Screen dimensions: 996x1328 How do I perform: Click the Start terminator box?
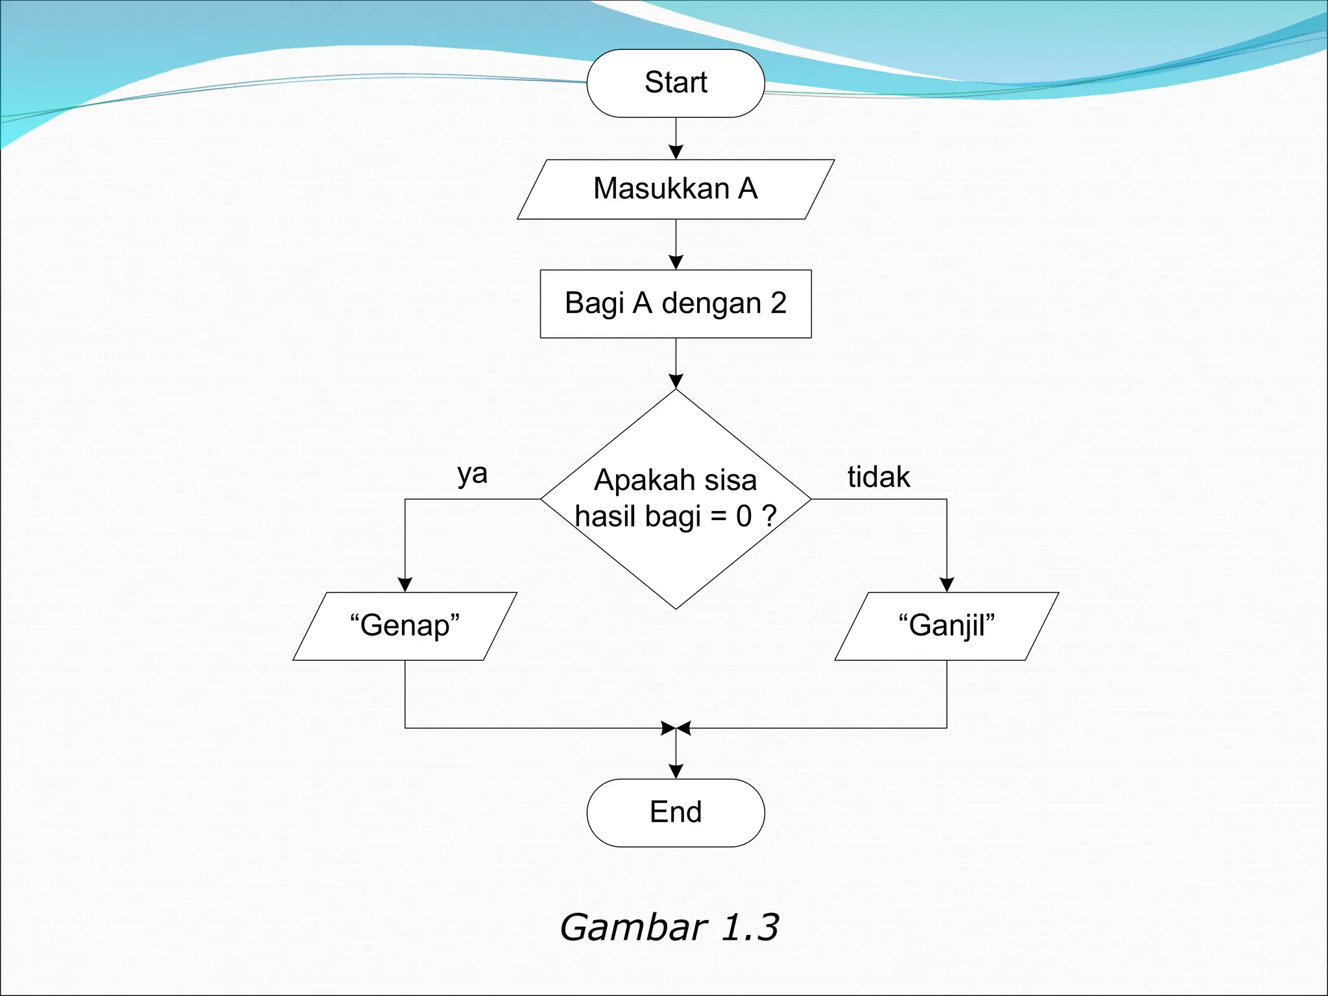[676, 83]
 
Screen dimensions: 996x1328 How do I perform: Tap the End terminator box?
[676, 812]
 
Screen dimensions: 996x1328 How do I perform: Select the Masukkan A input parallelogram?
[676, 189]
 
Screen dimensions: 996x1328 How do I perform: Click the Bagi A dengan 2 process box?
[676, 303]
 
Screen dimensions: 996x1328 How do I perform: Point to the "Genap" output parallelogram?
[405, 626]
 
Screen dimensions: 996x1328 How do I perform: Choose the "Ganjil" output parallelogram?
[946, 626]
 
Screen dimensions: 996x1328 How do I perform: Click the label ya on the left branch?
[472, 474]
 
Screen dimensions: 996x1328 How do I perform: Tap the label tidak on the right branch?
[879, 477]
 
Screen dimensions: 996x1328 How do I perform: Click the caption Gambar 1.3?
[669, 927]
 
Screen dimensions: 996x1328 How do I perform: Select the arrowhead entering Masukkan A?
[676, 152]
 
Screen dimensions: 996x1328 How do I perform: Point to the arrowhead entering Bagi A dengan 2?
[676, 263]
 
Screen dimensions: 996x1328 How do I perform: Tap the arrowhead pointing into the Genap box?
[405, 585]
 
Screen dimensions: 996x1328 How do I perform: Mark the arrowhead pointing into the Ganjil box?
[947, 585]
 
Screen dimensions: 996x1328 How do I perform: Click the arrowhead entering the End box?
[676, 772]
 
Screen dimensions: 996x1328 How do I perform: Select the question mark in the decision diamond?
[769, 516]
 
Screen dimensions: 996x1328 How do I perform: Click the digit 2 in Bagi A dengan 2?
[778, 303]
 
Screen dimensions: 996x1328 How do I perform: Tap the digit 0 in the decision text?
[744, 517]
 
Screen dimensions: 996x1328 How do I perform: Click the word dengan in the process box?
[711, 304]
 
